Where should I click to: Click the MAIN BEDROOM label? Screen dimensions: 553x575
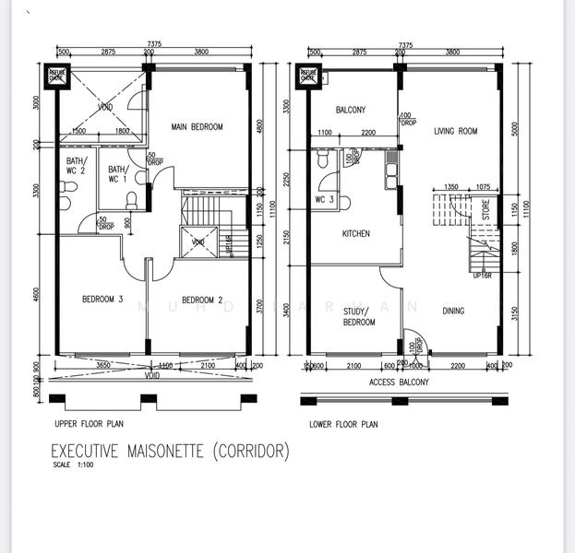tap(198, 127)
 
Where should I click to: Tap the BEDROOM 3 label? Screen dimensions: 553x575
tap(102, 299)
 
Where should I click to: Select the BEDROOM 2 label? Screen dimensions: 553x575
tap(203, 300)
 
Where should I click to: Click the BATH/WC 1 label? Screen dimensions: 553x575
tap(117, 173)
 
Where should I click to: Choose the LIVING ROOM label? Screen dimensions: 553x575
tap(456, 132)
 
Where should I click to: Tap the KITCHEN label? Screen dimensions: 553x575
tap(355, 234)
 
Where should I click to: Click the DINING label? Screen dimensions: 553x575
tap(453, 312)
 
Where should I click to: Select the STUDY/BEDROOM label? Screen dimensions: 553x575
tap(359, 316)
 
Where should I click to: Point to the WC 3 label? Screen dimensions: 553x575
tap(324, 200)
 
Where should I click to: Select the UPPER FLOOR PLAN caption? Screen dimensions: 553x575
tap(90, 425)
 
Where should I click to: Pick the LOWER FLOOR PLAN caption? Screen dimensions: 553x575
tap(343, 425)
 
